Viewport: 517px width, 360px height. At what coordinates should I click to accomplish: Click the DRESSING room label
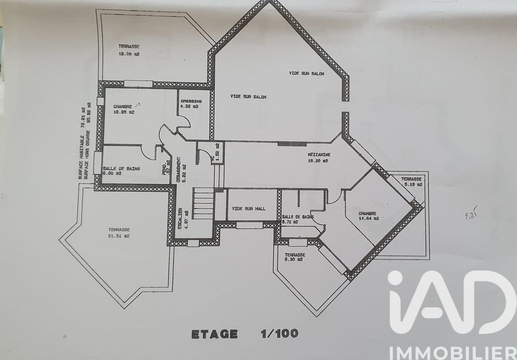click(190, 101)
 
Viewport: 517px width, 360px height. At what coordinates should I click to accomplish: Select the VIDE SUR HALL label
click(249, 208)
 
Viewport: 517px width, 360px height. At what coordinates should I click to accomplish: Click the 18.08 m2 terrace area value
click(129, 54)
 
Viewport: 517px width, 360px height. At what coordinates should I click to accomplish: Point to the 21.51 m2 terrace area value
click(119, 236)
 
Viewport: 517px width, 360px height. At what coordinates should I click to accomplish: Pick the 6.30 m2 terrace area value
click(293, 260)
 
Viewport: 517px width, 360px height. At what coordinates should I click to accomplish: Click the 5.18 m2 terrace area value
click(413, 184)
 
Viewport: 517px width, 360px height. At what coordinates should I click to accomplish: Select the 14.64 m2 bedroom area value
click(369, 219)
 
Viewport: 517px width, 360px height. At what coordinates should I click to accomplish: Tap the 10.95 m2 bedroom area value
click(124, 112)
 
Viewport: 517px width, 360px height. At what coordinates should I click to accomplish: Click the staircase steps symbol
click(203, 203)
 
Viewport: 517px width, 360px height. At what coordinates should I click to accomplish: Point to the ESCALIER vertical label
click(180, 218)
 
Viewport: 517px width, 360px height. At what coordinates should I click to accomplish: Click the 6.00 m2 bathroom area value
click(112, 174)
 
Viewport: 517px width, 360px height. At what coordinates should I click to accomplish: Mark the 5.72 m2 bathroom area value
click(290, 222)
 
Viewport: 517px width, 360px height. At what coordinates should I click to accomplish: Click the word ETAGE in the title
click(215, 334)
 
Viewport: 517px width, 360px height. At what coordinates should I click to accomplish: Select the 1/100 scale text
click(279, 334)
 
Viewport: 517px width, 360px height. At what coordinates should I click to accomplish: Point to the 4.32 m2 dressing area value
click(189, 107)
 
